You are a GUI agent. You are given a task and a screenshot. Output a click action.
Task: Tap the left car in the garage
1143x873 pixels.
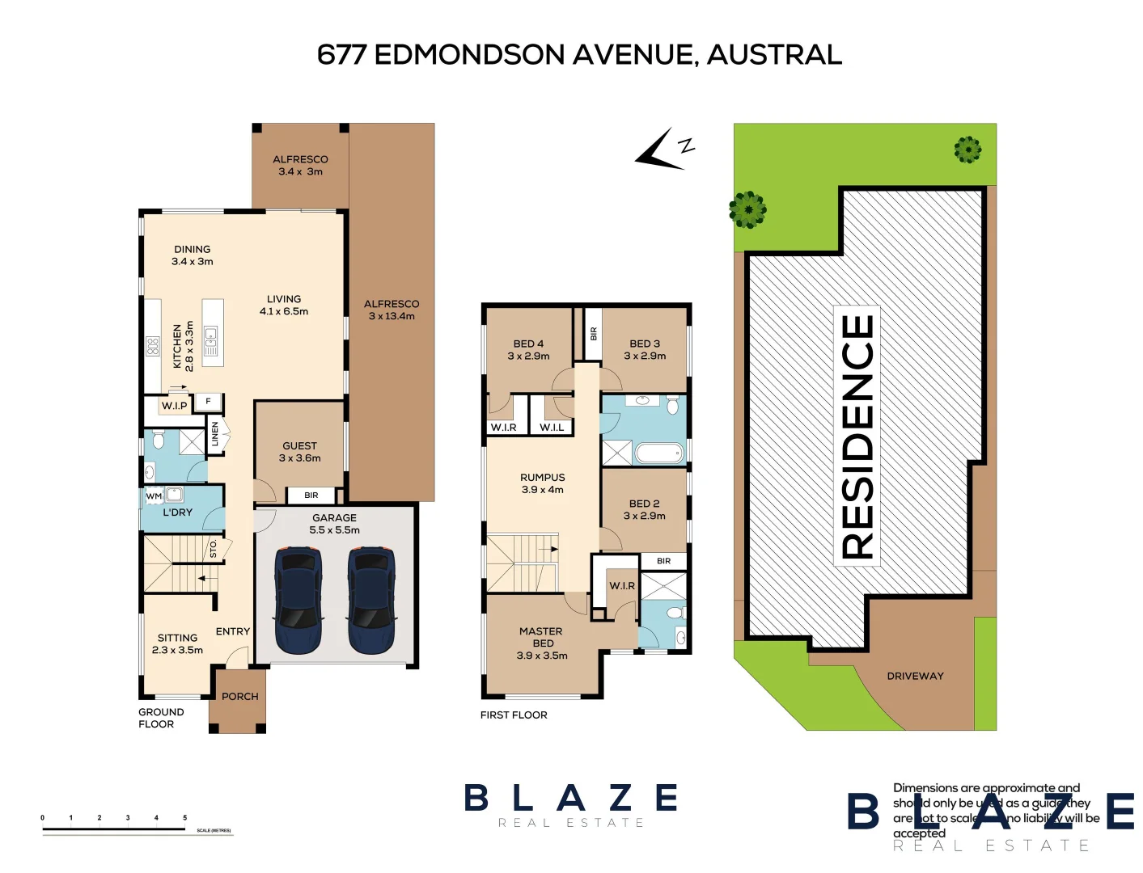pos(298,600)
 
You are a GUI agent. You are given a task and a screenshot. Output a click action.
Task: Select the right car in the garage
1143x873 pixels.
pos(371,600)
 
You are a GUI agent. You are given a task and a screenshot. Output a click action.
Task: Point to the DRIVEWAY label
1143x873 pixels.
pos(915,676)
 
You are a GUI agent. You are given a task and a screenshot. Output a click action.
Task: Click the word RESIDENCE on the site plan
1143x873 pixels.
pos(857,436)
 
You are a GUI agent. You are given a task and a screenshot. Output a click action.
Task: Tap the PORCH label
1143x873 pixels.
pos(239,696)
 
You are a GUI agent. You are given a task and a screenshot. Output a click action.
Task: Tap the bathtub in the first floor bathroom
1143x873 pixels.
pos(659,453)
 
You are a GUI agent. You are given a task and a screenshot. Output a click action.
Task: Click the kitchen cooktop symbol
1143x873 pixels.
pos(153,347)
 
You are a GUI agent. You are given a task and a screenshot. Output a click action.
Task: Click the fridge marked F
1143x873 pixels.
pos(208,401)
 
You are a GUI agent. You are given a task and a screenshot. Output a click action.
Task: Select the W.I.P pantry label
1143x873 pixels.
pos(174,406)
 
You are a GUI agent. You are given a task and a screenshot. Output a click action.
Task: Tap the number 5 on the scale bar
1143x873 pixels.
pos(184,818)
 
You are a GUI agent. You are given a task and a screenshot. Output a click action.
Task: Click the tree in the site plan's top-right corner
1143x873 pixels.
pos(967,150)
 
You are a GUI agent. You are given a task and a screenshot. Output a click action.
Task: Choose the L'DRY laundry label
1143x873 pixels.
pos(178,512)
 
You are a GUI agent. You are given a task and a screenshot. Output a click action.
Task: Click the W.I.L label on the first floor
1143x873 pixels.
pos(552,428)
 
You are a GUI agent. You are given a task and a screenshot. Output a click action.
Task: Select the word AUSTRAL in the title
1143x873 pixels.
pos(774,55)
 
